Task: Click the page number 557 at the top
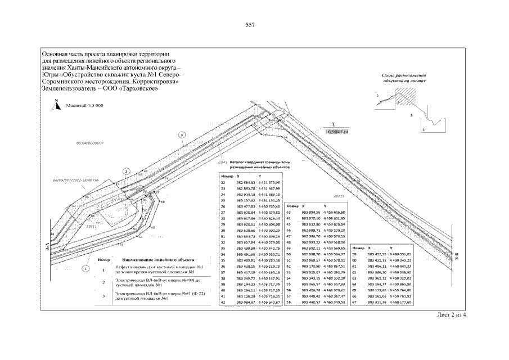251,25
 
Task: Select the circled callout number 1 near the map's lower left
85,268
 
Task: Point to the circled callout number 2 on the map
127,170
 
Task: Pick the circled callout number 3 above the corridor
182,135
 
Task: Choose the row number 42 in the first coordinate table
223,303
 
